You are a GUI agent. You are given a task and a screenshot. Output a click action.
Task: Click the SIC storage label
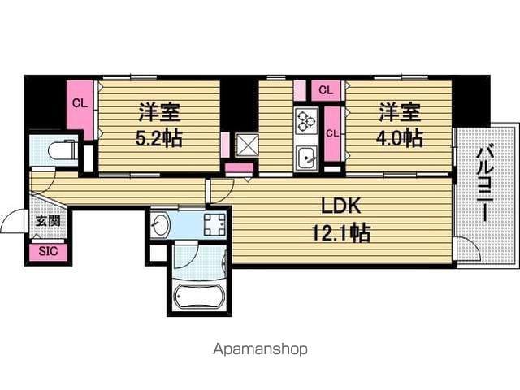[x=48, y=251]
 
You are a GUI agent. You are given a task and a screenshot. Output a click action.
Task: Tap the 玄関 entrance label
[x=48, y=220]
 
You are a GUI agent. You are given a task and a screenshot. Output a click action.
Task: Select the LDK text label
[x=341, y=206]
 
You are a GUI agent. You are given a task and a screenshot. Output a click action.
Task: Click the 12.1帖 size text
[x=341, y=232]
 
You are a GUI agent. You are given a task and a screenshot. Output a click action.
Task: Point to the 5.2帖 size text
[x=159, y=138]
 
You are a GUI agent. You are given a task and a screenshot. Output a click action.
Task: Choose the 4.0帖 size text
[x=399, y=138]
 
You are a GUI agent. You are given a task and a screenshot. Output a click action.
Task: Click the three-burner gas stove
[x=306, y=122]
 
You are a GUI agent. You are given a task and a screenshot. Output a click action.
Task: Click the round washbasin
[x=160, y=225]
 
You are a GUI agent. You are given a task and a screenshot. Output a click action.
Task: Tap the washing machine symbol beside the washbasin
[x=214, y=225]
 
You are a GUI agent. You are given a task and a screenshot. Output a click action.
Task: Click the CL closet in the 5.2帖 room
[x=80, y=106]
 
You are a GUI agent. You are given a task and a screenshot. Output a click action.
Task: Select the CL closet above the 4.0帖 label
[x=326, y=90]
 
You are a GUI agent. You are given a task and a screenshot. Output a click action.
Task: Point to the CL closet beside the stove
[x=332, y=133]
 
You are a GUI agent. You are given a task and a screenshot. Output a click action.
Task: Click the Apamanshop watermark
[x=260, y=349]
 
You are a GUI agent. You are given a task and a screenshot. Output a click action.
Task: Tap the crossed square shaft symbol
[x=247, y=145]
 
